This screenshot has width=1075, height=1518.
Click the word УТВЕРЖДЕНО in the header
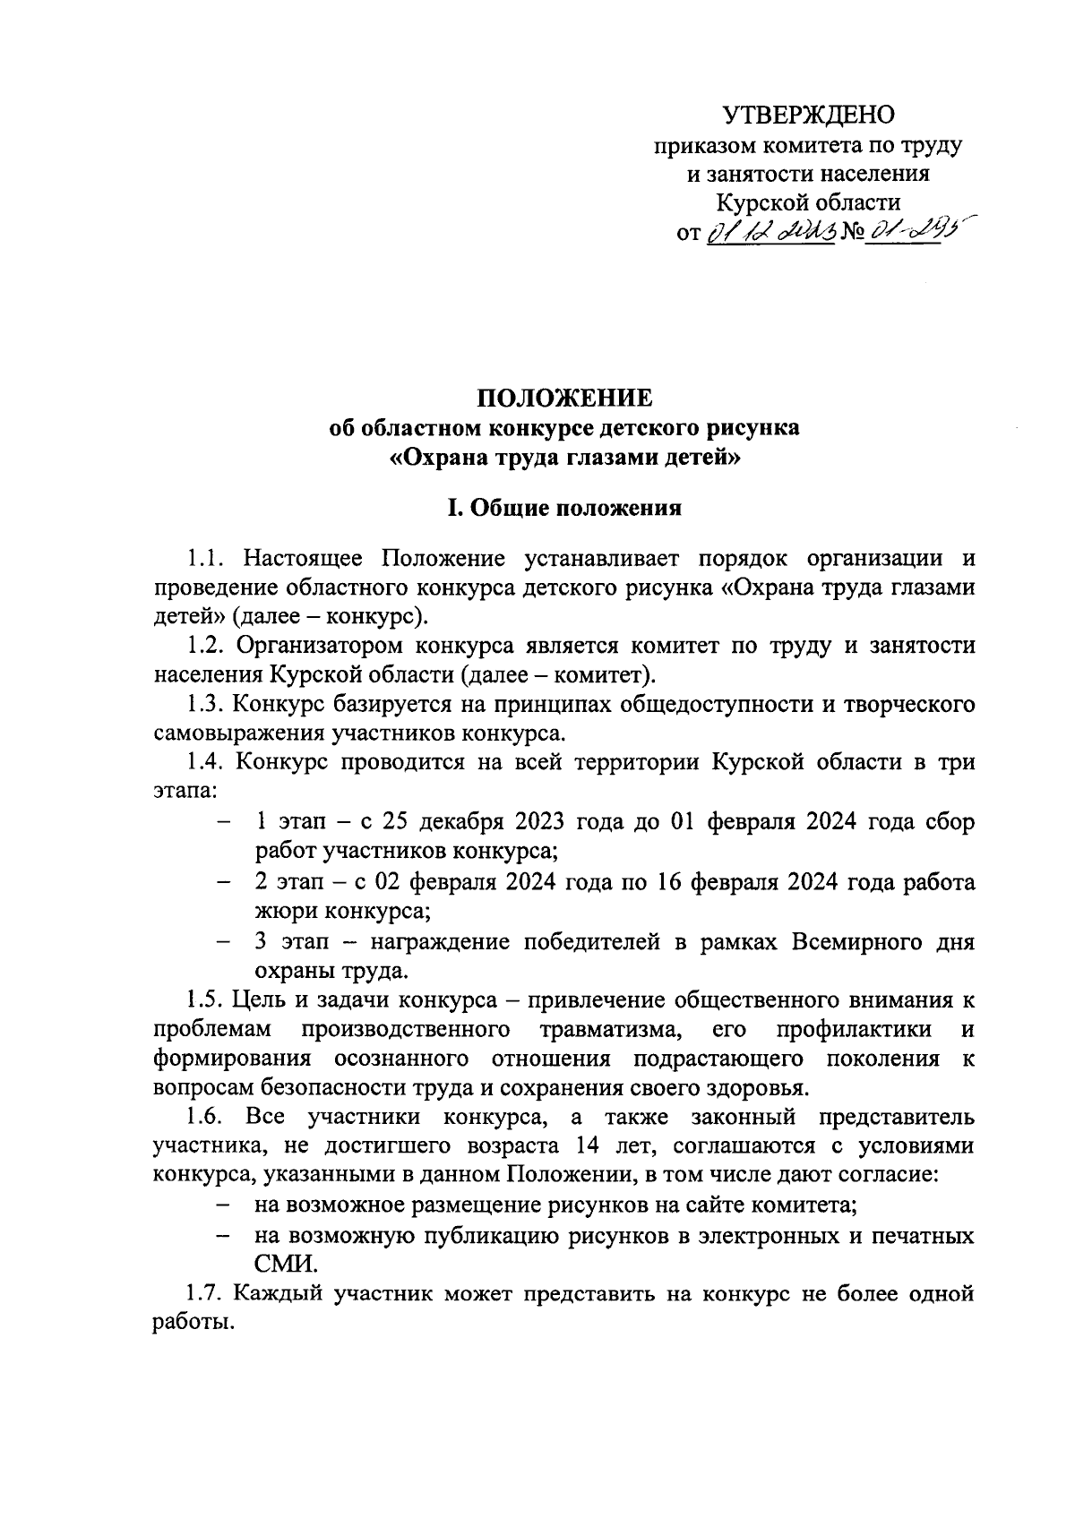pyautogui.click(x=808, y=115)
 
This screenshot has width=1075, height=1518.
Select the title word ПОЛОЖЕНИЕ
pyautogui.click(x=563, y=398)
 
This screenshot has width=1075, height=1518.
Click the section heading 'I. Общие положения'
pyautogui.click(x=564, y=509)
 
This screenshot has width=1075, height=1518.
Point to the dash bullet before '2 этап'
pyautogui.click(x=222, y=883)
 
